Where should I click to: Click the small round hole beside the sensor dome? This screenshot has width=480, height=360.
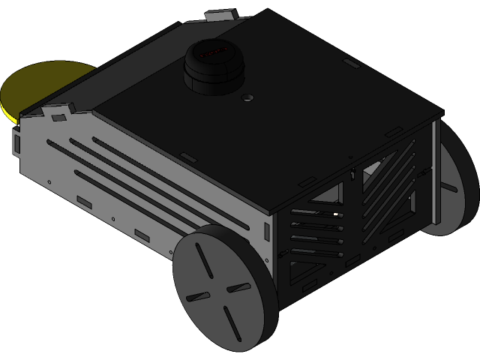pyautogui.click(x=247, y=97)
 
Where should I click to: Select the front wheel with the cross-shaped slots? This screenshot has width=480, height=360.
pyautogui.click(x=225, y=289)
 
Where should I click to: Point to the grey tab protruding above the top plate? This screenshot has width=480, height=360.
pyautogui.click(x=223, y=14)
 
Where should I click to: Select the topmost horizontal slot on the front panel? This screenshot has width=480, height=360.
pyautogui.click(x=315, y=212)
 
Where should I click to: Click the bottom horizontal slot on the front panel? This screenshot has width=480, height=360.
pyautogui.click(x=315, y=253)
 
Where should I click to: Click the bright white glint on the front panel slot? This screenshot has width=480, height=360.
pyautogui.click(x=335, y=214)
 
